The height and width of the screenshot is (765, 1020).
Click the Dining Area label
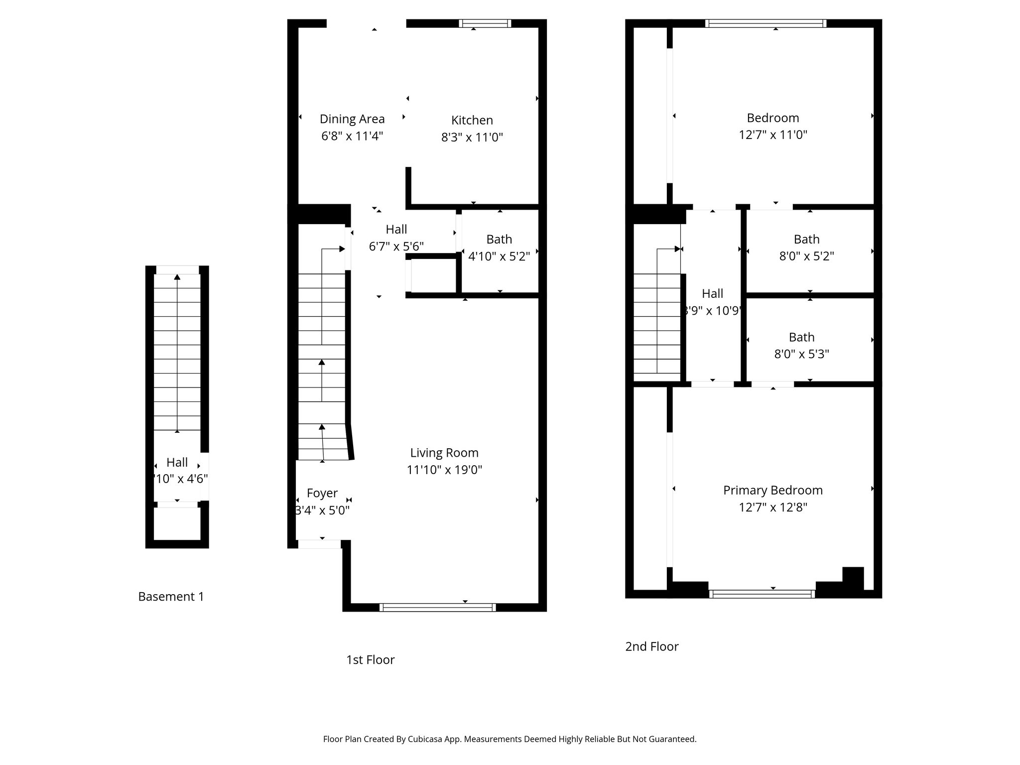click(352, 119)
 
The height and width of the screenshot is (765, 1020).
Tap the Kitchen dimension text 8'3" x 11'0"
click(472, 137)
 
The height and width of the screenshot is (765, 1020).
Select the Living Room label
click(444, 453)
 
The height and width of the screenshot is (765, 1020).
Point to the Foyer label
click(322, 493)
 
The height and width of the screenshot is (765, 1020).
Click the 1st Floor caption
click(370, 660)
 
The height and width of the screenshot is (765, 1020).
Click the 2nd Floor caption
click(651, 646)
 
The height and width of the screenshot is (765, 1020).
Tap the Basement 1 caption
click(171, 597)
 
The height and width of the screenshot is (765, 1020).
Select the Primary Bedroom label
click(772, 490)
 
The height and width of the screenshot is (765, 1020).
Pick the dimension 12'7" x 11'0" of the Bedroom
click(772, 134)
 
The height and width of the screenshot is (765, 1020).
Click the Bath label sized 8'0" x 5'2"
click(806, 240)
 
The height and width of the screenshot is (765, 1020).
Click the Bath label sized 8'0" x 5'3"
click(801, 337)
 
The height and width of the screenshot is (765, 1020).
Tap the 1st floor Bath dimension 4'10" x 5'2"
click(499, 256)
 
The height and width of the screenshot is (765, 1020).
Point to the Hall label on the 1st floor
click(396, 229)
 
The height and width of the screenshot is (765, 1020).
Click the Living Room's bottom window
click(437, 607)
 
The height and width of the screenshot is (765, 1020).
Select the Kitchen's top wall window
click(485, 23)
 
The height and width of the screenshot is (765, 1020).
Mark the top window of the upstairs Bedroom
click(765, 23)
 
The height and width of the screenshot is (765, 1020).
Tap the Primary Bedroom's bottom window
click(762, 594)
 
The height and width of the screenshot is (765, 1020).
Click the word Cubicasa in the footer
click(425, 739)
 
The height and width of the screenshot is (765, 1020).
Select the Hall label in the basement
click(177, 462)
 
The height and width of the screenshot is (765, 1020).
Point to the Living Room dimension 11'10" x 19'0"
click(444, 470)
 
